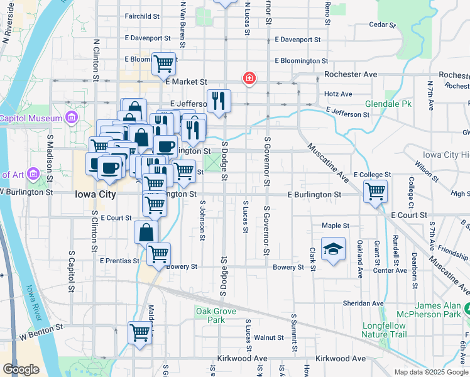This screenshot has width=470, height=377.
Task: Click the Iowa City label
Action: [95, 195]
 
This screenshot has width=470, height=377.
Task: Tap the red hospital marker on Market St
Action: [249, 79]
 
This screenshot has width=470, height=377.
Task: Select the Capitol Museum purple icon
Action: [70, 117]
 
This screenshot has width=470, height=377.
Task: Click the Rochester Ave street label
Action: [350, 74]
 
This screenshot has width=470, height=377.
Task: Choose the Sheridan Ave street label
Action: [359, 303]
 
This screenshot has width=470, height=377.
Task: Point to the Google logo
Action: [21, 369]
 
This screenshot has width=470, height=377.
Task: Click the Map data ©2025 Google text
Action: [430, 372]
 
